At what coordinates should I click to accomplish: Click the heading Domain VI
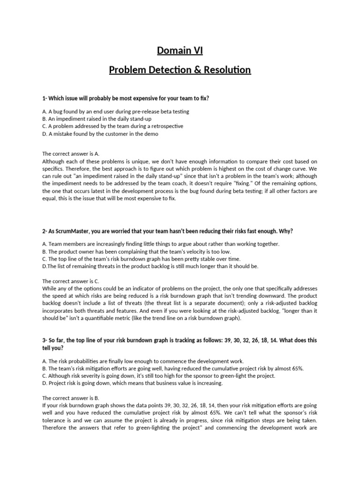(180, 51)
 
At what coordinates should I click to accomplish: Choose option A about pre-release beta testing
(116, 112)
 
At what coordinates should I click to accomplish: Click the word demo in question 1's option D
(151, 134)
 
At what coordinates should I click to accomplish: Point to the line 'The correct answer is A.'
(71, 153)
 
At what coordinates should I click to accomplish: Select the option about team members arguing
(160, 244)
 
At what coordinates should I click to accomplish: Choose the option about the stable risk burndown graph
(141, 259)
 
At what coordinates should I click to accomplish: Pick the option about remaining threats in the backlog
(150, 266)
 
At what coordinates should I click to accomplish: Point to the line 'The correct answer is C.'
(71, 281)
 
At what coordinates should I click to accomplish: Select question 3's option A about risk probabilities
(143, 361)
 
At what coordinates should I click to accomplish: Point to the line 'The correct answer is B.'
(71, 398)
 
